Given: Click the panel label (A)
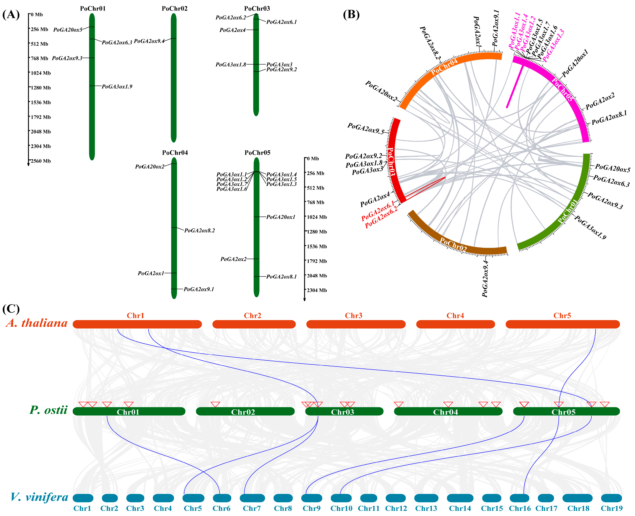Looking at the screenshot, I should click(11, 14).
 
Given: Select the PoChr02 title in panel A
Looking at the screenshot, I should click(175, 9).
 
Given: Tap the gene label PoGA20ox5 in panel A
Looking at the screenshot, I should click(68, 30).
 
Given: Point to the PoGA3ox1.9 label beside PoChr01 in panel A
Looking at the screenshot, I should click(117, 86).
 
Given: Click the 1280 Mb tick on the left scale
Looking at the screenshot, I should click(41, 88).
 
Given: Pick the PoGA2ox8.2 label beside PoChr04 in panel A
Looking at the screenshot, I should click(200, 230).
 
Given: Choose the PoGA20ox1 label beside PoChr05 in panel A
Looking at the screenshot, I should click(281, 217).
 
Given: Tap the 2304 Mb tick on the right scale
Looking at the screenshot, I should click(317, 290).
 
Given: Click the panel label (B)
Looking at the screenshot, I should click(351, 14).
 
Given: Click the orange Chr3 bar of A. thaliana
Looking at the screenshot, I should click(356, 324).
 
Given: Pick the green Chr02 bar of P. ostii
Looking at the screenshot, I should click(245, 411).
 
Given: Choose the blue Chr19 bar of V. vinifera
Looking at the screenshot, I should click(611, 498).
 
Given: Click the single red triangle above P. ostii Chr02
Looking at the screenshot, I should click(215, 405).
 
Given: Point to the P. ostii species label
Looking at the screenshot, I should click(48, 410).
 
